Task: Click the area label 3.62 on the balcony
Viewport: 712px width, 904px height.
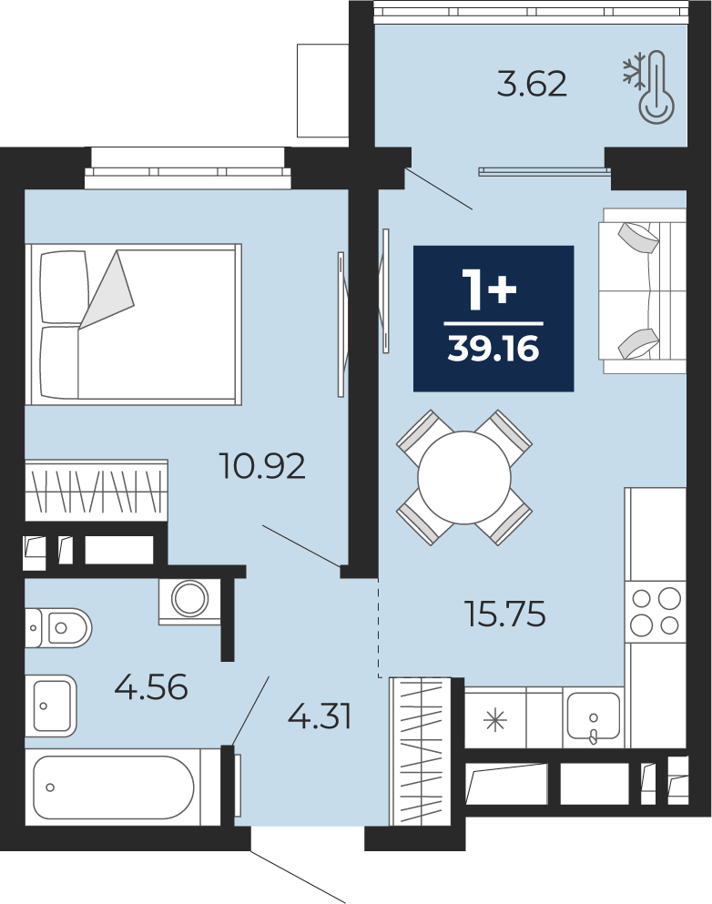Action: coord(532,84)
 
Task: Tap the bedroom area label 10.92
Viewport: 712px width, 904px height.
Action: coord(262,466)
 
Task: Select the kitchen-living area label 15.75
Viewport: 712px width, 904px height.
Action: coord(505,614)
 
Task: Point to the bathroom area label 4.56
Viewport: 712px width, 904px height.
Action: coord(151,687)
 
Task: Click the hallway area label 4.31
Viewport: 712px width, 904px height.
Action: coord(320,717)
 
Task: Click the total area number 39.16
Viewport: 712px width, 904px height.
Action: coord(493,349)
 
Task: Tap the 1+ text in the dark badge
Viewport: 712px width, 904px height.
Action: coord(492,290)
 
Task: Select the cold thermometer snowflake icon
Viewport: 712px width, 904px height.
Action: coord(649,86)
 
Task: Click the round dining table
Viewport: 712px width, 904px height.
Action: coord(464,477)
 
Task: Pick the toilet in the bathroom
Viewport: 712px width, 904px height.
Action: coord(57,627)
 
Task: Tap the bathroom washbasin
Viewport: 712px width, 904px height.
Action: coord(51,706)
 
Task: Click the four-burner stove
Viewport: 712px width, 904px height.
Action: coord(656,612)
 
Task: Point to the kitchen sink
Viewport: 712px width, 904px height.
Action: coord(594,716)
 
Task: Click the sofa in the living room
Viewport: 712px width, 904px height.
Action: coord(642,290)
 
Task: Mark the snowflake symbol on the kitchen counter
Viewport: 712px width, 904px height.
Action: coord(495,720)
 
